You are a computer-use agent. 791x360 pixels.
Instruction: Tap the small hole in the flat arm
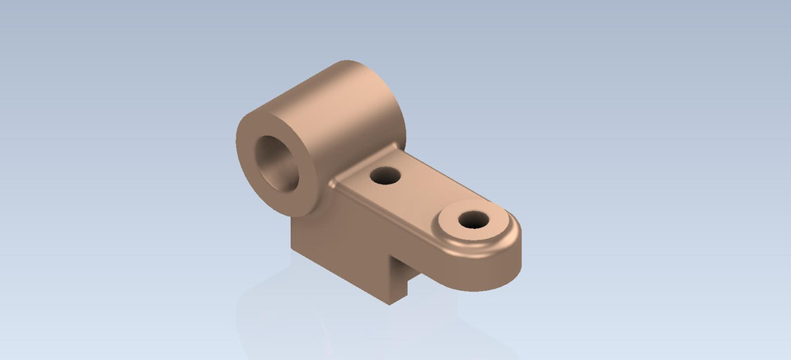[385, 175]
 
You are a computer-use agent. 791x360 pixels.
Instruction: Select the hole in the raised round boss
[473, 220]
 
